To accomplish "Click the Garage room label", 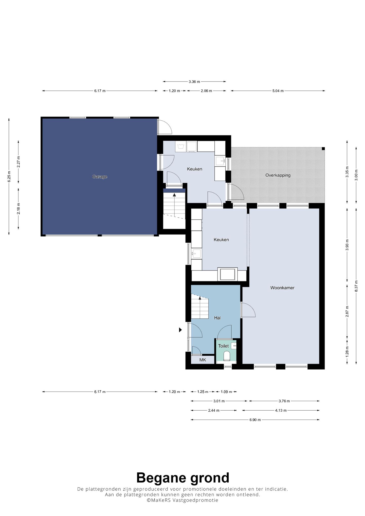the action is click(100, 177).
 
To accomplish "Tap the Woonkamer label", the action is click(282, 288).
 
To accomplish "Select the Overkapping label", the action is click(278, 175).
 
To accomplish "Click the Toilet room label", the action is click(223, 346).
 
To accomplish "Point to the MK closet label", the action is click(203, 360).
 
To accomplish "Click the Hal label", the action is click(217, 318).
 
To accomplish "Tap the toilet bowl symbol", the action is click(227, 356).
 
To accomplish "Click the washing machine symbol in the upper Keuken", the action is click(181, 146).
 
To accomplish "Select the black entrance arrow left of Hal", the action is click(180, 330).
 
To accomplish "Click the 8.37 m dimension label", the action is click(356, 286).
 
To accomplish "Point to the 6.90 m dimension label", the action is click(255, 420).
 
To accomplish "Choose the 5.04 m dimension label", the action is click(278, 91).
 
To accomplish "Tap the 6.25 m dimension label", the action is click(9, 177).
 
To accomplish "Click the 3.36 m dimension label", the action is click(194, 82).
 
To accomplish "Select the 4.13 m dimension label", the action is click(281, 410).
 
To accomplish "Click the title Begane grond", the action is click(183, 478).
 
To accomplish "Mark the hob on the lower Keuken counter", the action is click(227, 274).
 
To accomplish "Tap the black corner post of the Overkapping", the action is click(323, 149).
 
